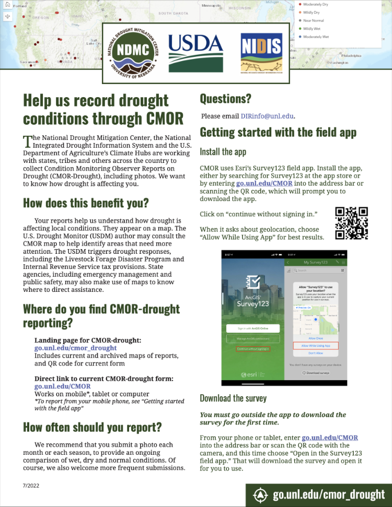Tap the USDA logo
tap(195, 53)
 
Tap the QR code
tap(351, 223)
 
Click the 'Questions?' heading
tap(225, 98)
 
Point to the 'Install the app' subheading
tap(223, 152)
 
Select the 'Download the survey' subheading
tap(233, 398)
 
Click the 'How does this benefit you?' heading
tap(86, 203)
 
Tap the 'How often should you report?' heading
tap(93, 427)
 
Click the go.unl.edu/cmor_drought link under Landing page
tap(75, 348)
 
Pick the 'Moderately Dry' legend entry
tap(316, 4)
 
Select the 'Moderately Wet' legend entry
tap(316, 37)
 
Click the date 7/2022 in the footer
tap(30, 485)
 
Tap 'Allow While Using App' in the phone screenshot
tap(312, 346)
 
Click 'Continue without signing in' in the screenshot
tap(253, 348)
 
